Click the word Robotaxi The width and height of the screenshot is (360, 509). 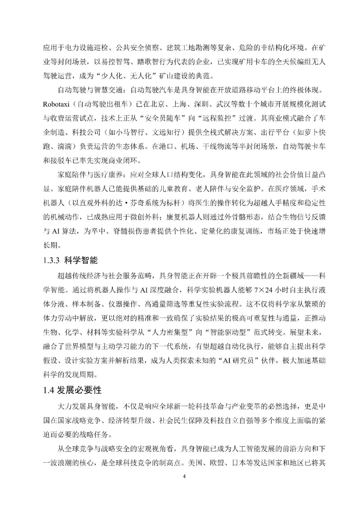[56, 104]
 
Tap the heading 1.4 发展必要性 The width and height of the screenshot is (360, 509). [72, 390]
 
